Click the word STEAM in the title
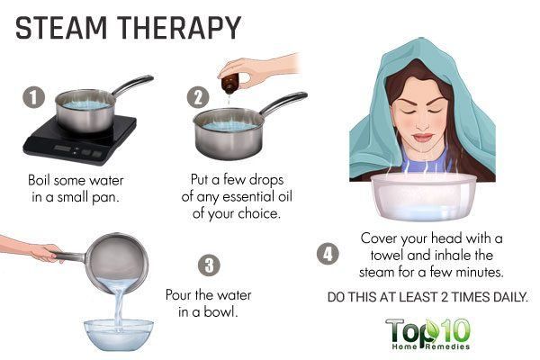[x=61, y=28]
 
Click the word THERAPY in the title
[x=179, y=28]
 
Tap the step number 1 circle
[x=34, y=97]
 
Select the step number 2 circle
[x=198, y=97]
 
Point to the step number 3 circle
[x=209, y=265]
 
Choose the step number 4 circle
[x=328, y=254]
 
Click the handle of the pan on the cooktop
[x=132, y=85]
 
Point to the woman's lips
[x=423, y=138]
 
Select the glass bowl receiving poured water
[x=119, y=335]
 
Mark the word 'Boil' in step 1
[x=39, y=180]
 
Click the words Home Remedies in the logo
[x=430, y=346]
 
